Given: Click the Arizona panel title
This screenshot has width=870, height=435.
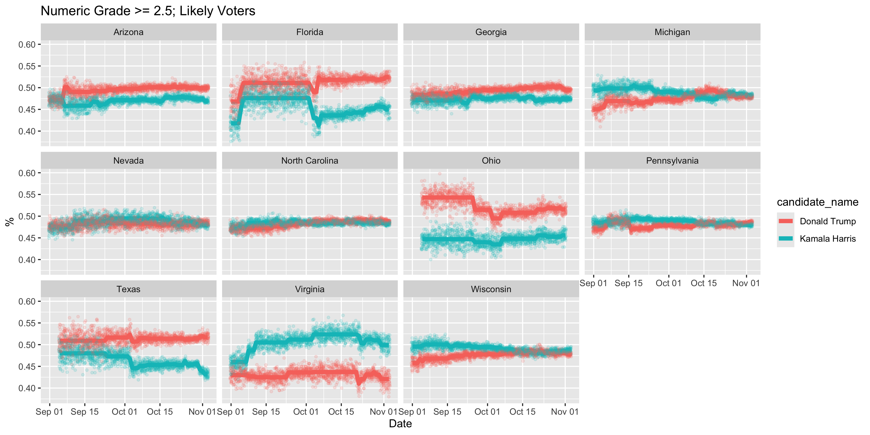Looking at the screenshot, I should click(128, 32).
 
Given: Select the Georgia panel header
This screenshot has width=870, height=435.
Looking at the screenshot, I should click(491, 32).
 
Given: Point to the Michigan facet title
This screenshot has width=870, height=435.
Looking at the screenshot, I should click(672, 32).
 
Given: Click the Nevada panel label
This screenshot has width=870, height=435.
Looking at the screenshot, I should click(128, 160).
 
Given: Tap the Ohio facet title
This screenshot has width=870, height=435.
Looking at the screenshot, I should click(491, 160).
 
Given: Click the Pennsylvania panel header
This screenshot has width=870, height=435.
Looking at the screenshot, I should click(672, 160).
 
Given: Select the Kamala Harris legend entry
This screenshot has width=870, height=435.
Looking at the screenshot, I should click(827, 239).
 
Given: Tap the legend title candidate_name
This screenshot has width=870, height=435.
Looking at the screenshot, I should click(817, 202).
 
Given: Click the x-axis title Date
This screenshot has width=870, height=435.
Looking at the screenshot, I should click(400, 423).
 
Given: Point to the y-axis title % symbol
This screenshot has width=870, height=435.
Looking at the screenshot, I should click(9, 222).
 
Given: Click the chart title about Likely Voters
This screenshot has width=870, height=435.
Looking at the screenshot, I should click(148, 11).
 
